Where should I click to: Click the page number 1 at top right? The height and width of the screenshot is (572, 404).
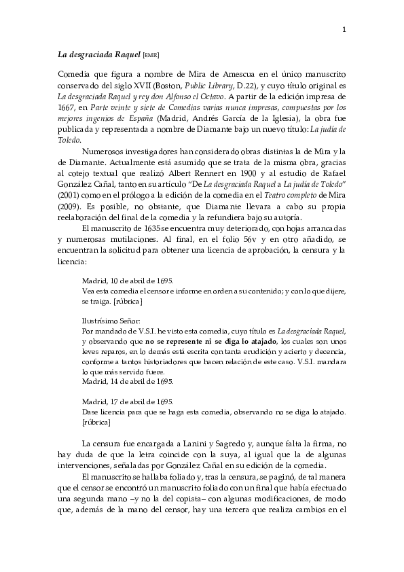coord(344,29)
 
